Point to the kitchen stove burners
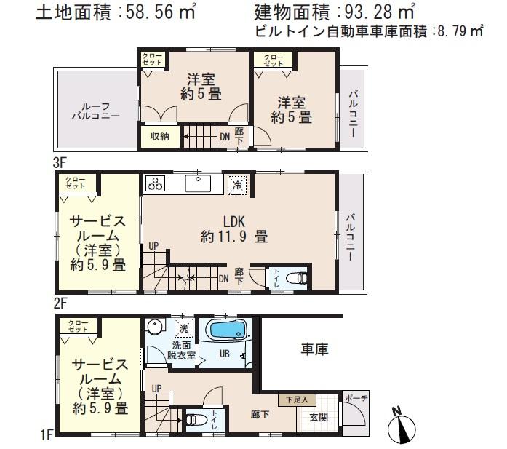[x=156, y=183]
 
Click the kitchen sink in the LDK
[x=197, y=183]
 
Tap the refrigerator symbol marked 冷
[x=236, y=185]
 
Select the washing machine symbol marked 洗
[x=185, y=327]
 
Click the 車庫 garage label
[x=315, y=350]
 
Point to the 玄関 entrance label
[x=319, y=417]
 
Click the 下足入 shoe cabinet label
[x=297, y=400]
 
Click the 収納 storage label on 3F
[x=159, y=135]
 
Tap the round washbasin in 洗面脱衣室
[x=154, y=325]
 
